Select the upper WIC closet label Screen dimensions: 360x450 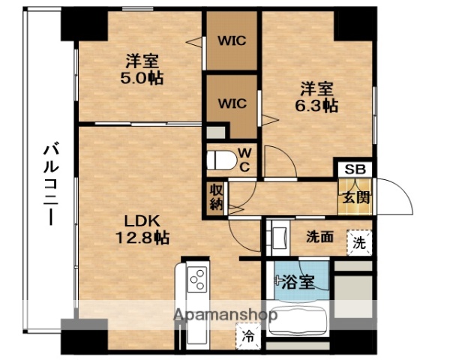click(x=232, y=41)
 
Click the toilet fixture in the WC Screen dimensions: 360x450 click(x=222, y=160)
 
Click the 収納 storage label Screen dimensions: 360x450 click(x=215, y=197)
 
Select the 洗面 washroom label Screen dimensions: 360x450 click(x=319, y=237)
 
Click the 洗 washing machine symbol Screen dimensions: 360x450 click(x=359, y=242)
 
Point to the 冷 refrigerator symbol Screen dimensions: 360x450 click(x=246, y=337)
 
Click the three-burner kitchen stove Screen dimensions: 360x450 click(x=197, y=281)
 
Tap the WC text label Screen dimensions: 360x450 click(x=244, y=160)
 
